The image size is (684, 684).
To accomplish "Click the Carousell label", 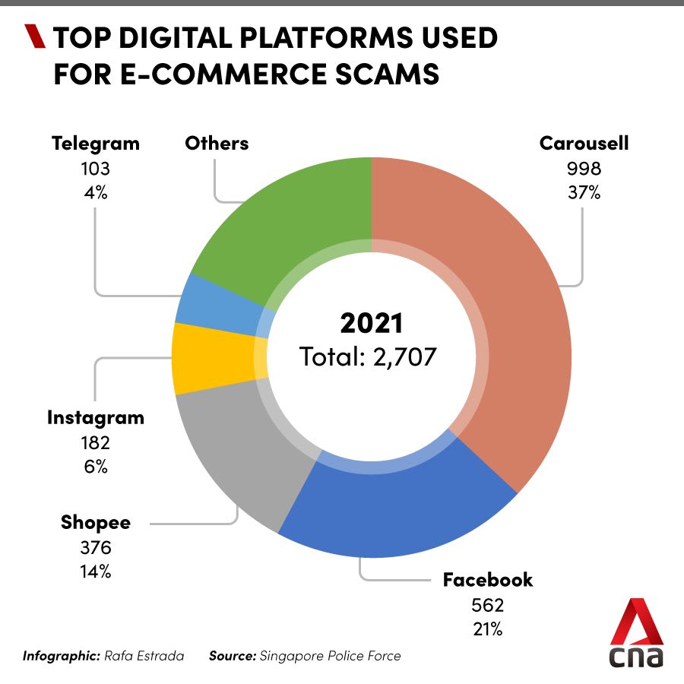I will pyautogui.click(x=584, y=143).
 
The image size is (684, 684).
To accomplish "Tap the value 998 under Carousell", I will pyautogui.click(x=584, y=168).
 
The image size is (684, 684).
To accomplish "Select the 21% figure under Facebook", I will pyautogui.click(x=487, y=629).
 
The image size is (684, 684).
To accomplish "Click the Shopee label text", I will pyautogui.click(x=96, y=522).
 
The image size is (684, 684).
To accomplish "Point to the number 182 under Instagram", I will pyautogui.click(x=95, y=442).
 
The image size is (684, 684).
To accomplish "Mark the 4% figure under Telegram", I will pyautogui.click(x=95, y=192).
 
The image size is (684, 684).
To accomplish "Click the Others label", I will pyautogui.click(x=217, y=143).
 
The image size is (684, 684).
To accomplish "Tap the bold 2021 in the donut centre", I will pyautogui.click(x=371, y=323).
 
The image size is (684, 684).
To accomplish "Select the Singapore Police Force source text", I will pyautogui.click(x=330, y=655).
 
